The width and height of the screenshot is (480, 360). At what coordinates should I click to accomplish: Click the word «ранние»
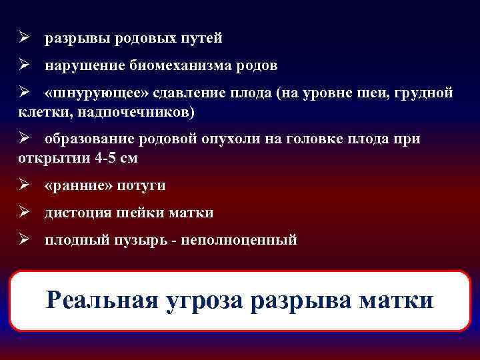tap(78, 185)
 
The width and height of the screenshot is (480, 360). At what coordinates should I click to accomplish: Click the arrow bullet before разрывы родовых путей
tap(23, 39)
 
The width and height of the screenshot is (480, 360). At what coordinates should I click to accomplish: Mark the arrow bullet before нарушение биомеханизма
tap(23, 66)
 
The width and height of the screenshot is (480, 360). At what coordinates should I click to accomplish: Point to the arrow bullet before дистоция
tap(23, 213)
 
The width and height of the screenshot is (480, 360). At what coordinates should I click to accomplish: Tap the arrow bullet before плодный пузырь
tap(23, 240)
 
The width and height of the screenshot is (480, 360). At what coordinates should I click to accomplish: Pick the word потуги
tap(141, 185)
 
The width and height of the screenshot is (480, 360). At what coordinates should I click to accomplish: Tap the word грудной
tap(427, 93)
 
